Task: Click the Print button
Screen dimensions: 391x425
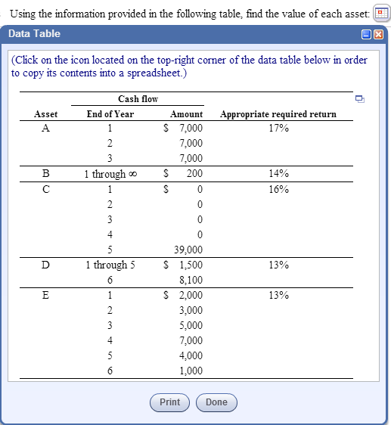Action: (x=169, y=402)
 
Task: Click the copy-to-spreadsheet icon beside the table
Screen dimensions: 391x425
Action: (x=359, y=99)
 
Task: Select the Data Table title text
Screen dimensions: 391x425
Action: (x=34, y=34)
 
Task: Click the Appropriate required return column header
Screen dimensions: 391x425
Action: (x=278, y=114)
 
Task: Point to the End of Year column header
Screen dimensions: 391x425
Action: (x=110, y=114)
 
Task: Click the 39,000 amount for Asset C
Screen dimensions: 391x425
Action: (x=188, y=250)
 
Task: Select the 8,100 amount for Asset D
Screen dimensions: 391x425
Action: (x=191, y=280)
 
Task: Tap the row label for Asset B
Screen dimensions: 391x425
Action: (x=46, y=174)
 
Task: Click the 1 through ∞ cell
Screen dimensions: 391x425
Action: (x=110, y=174)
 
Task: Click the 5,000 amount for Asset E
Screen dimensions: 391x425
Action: (x=191, y=325)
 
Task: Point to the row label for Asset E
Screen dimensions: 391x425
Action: (x=46, y=295)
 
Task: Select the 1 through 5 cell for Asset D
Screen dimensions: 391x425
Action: (x=110, y=265)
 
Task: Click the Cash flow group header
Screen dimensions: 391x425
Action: (x=138, y=99)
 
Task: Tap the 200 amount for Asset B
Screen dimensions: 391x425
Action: (x=194, y=174)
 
